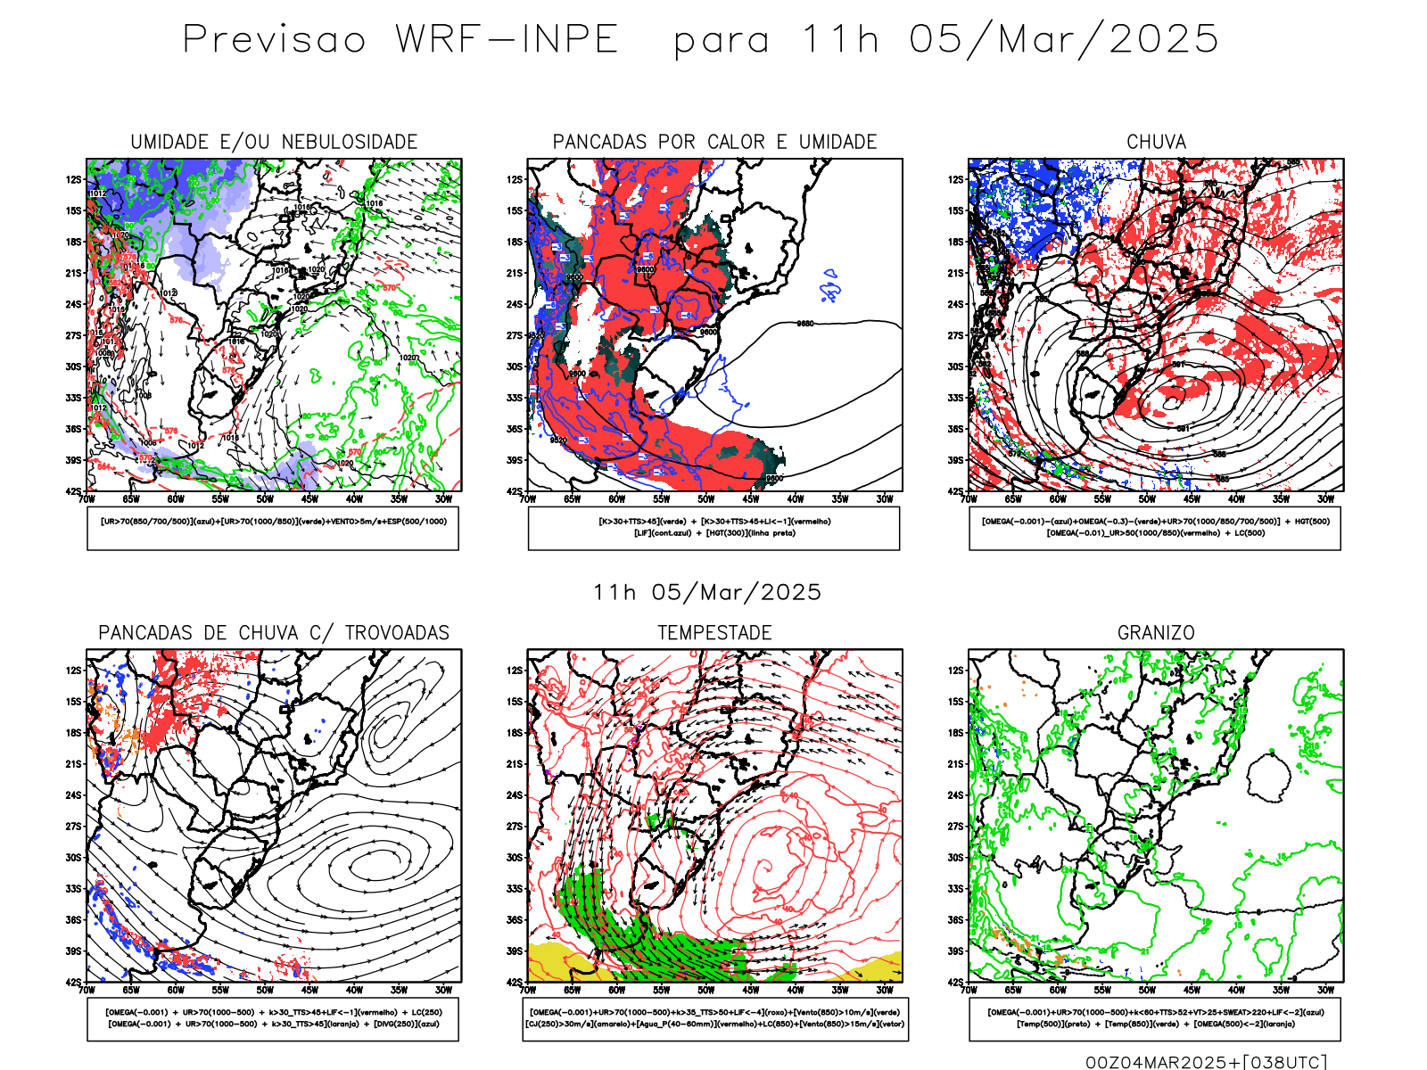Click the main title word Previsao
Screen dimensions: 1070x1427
pos(274,40)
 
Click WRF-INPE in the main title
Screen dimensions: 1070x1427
pos(507,40)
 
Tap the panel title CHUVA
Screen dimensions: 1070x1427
pos(1156,142)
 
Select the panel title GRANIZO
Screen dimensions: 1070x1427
pos(1156,633)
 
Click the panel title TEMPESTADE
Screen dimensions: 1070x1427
pos(714,633)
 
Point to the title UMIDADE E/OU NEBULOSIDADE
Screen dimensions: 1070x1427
pos(274,142)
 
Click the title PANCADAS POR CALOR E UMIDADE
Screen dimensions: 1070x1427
pos(714,142)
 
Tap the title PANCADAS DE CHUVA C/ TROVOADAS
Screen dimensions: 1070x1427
pos(274,633)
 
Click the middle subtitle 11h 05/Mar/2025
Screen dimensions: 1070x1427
pos(706,593)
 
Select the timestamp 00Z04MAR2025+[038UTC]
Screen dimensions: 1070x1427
pos(1206,1062)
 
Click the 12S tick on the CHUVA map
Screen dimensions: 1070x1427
pos(956,180)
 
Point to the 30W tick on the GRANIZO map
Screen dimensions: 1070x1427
pos(1325,990)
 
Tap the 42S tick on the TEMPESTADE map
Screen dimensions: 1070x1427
pos(515,983)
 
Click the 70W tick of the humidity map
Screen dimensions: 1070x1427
pos(87,499)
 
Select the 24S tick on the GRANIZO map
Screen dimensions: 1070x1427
pos(956,795)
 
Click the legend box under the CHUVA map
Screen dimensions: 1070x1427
pos(1155,528)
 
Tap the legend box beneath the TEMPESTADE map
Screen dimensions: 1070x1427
pos(714,1018)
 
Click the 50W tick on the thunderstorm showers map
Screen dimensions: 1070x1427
pos(265,990)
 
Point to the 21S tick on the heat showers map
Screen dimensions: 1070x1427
pos(515,274)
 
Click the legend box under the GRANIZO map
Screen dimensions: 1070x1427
pos(1155,1018)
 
